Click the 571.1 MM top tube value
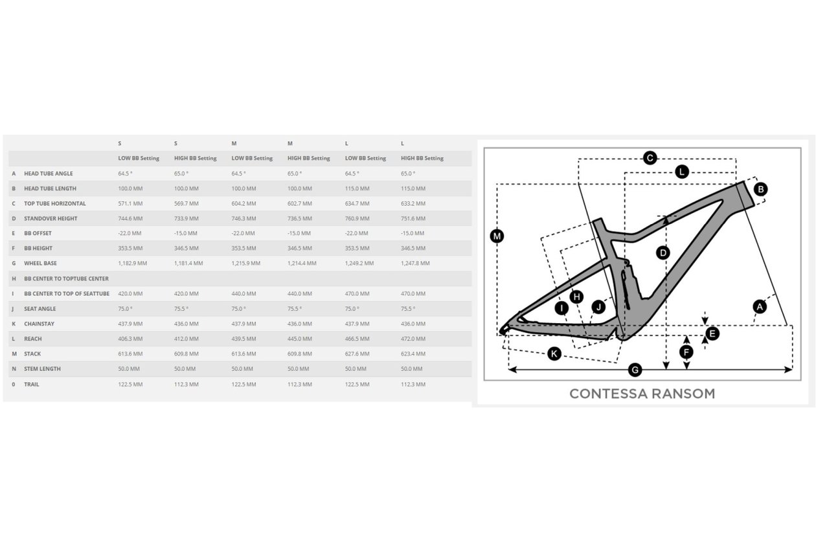130,203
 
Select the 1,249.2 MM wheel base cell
359,263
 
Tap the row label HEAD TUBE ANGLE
49,174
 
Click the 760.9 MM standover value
357,218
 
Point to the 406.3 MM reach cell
130,339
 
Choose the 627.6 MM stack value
357,354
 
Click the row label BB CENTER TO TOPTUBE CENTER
66,278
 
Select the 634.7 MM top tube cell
357,203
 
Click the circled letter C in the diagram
650,158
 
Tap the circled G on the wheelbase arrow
635,370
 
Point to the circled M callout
497,236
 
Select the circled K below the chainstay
554,354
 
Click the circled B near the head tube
760,189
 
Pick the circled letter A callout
760,307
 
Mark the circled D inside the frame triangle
663,253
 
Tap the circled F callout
686,352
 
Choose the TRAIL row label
31,384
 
